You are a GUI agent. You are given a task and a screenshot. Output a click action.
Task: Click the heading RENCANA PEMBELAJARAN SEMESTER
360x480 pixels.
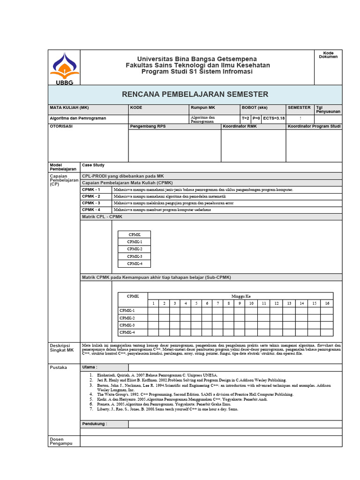tap(195, 94)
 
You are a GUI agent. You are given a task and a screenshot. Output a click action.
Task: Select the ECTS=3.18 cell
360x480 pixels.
tap(273, 119)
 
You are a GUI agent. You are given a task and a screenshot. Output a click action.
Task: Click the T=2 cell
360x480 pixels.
tap(246, 119)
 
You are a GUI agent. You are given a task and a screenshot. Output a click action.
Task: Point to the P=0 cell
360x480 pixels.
tap(256, 119)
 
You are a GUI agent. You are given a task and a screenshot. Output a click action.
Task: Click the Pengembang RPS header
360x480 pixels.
tap(148, 127)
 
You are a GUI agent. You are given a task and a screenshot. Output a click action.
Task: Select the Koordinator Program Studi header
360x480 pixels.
tap(314, 127)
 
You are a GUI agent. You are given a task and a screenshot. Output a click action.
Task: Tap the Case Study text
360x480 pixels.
tap(93, 165)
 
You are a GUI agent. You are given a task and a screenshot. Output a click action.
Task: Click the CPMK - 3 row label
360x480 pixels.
tap(91, 203)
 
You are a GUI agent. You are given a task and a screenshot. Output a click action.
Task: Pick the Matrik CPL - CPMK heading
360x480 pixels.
tap(102, 217)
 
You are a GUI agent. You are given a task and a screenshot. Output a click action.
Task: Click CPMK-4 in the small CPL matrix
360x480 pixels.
tap(135, 263)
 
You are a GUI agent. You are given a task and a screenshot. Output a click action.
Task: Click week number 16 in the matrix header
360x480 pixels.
tap(327, 303)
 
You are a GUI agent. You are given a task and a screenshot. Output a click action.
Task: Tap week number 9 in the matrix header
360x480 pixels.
tap(240, 303)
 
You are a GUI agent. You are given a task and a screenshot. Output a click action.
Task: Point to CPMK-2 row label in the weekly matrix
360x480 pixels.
tap(127, 318)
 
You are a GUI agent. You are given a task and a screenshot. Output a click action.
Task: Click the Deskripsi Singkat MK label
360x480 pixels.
tap(62, 348)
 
